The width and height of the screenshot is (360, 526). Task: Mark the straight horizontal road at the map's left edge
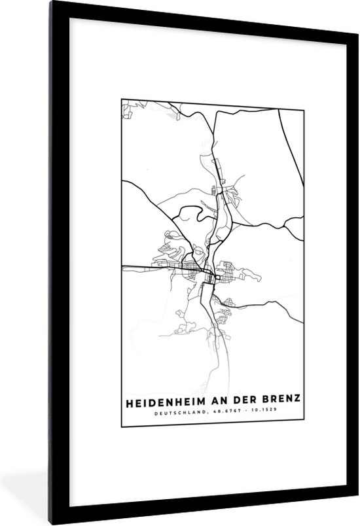coord(141,266)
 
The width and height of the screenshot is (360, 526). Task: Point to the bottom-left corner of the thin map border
coord(120,426)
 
